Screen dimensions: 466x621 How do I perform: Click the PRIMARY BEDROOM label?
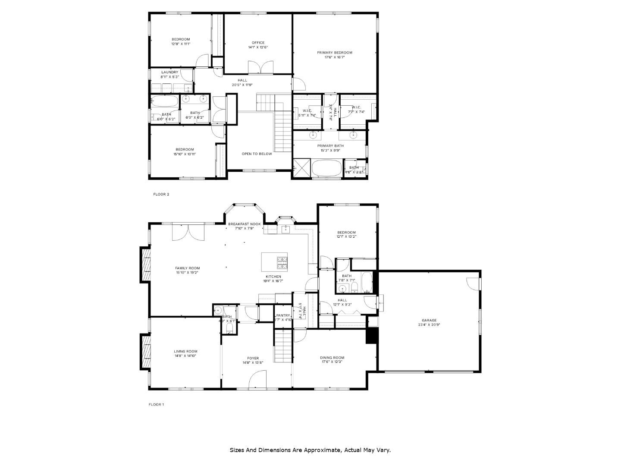click(334, 53)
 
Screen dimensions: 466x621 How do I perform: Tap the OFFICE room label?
click(258, 43)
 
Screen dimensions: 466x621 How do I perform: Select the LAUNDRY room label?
click(169, 72)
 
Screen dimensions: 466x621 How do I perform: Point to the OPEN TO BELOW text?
click(257, 154)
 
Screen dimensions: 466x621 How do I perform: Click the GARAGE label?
click(429, 321)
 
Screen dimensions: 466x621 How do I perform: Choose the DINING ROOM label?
click(332, 358)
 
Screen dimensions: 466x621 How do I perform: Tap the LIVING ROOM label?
click(185, 352)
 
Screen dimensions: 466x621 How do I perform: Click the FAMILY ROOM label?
click(187, 268)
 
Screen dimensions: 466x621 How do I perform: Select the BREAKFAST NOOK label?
click(244, 224)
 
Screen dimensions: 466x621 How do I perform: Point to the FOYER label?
click(253, 358)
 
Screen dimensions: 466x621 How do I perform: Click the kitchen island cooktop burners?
click(282, 262)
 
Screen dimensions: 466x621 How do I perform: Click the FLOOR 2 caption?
click(161, 194)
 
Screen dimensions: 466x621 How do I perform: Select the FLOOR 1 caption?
click(157, 405)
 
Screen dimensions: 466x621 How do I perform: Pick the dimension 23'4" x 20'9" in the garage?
click(429, 325)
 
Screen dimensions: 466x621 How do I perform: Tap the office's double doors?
click(260, 68)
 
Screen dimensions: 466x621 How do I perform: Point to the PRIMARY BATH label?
click(332, 146)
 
